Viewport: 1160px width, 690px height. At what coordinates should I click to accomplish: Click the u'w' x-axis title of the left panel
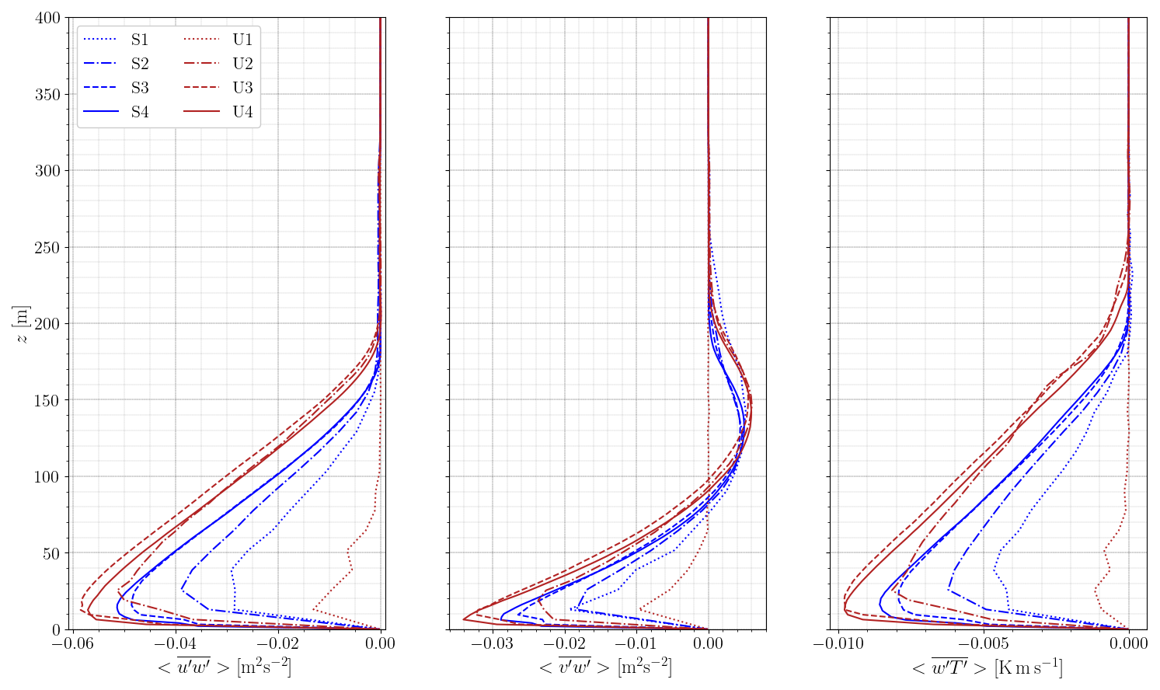pos(225,667)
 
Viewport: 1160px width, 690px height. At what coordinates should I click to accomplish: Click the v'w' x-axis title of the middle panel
pos(605,667)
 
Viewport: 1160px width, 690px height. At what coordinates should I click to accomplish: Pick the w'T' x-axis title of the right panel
pos(986,667)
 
